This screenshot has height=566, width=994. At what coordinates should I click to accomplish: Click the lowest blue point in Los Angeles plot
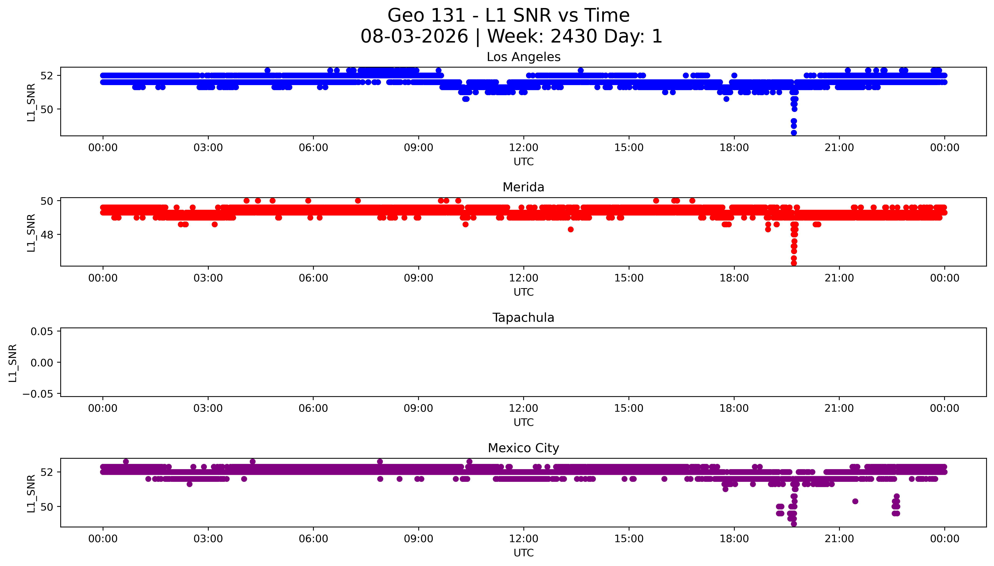pos(794,132)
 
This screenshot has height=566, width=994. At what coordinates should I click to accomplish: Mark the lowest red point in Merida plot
pos(794,263)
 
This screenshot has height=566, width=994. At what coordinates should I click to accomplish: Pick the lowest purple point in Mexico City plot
pos(794,524)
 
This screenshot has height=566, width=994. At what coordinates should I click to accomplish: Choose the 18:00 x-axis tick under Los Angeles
pos(734,148)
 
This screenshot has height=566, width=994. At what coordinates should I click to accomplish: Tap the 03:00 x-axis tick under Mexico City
pos(208,539)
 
